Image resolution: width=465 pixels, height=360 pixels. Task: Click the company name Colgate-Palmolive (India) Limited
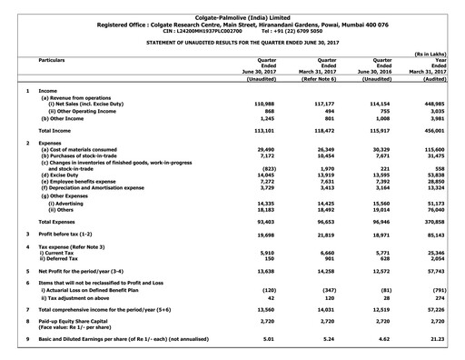232,6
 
